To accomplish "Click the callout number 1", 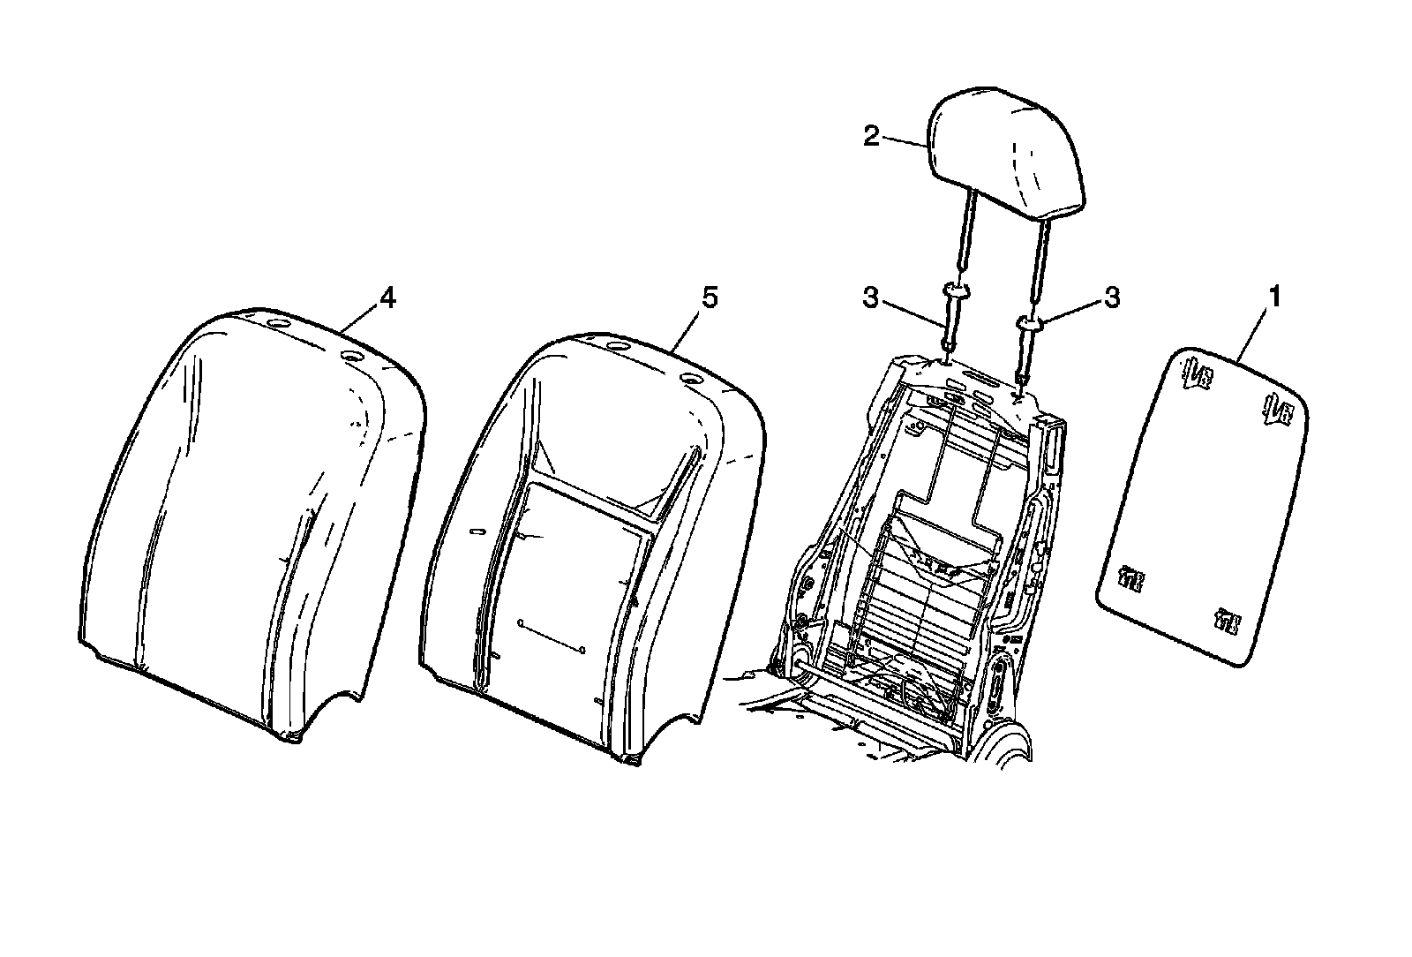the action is click(1273, 298).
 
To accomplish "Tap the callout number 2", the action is click(871, 137).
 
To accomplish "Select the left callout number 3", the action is click(871, 298).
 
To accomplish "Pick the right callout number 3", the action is click(1112, 298).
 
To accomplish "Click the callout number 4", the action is click(387, 299).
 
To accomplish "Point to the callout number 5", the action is click(710, 298).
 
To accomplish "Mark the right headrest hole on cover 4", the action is click(350, 358).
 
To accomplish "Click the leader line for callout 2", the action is click(904, 141).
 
